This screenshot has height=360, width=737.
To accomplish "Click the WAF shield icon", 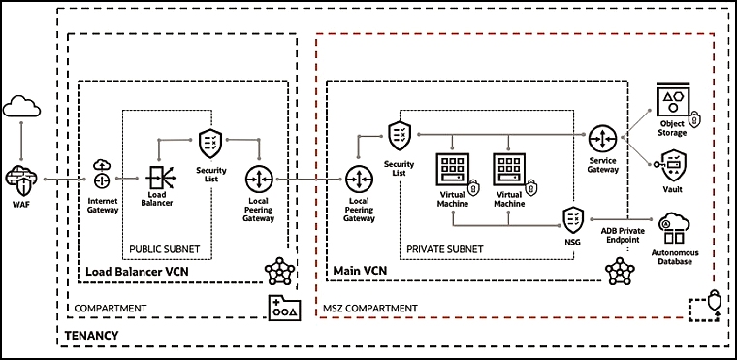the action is click(x=21, y=180).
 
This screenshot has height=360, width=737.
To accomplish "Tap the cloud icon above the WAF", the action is click(x=21, y=106).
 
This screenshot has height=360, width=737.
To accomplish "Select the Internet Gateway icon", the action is click(x=102, y=175).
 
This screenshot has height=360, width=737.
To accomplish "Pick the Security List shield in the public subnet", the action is click(x=210, y=143).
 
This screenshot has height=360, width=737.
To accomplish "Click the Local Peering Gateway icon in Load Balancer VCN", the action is click(x=259, y=180).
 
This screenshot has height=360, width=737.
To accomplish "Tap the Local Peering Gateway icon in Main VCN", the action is click(x=359, y=180).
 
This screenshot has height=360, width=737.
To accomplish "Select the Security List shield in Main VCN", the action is click(x=400, y=136).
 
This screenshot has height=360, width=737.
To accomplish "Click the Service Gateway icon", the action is click(x=602, y=138).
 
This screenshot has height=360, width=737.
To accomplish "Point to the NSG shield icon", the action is click(x=573, y=219).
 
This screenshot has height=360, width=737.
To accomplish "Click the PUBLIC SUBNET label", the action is click(x=165, y=248).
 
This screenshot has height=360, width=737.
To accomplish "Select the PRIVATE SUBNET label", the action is click(x=445, y=249).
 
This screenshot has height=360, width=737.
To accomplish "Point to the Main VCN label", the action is click(x=360, y=271).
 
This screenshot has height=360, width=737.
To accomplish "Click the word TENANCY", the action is click(x=91, y=336).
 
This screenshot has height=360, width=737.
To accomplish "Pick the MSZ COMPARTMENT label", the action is click(x=370, y=309).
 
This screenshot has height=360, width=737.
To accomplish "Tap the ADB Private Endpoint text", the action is click(x=623, y=235).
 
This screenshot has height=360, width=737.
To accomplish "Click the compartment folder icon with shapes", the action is click(x=284, y=308).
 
